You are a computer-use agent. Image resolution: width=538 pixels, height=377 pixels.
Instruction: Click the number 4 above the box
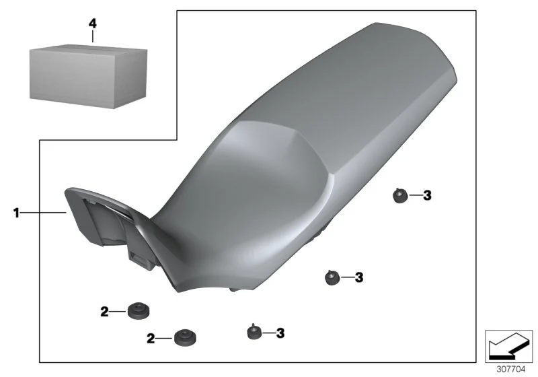pyautogui.click(x=93, y=24)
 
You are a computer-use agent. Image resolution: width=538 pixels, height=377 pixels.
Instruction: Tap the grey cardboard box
pyautogui.click(x=89, y=76)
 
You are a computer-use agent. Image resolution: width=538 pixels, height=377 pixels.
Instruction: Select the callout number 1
pyautogui.click(x=16, y=213)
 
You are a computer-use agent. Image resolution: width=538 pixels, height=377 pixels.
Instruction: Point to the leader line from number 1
pyautogui.click(x=43, y=213)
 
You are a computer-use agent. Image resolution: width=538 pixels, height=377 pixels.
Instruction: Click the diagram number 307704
pyautogui.click(x=511, y=370)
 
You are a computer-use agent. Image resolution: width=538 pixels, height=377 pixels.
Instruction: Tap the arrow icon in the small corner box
pyautogui.click(x=508, y=346)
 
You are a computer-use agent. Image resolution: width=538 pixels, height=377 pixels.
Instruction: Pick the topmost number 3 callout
pyautogui.click(x=427, y=195)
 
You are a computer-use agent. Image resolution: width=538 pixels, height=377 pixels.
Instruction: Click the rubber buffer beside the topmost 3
pyautogui.click(x=400, y=196)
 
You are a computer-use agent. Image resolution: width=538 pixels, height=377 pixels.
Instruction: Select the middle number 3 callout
pyautogui.click(x=359, y=277)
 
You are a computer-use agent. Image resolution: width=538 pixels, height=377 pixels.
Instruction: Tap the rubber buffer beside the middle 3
pyautogui.click(x=332, y=277)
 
